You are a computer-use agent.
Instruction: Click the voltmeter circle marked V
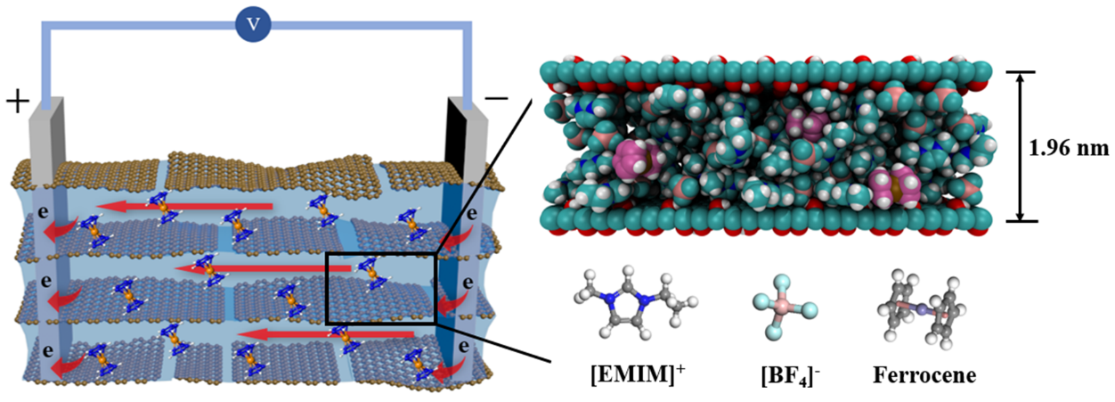tap(253, 24)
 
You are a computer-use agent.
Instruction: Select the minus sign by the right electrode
tap(497, 98)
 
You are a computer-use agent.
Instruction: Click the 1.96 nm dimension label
tap(1068, 148)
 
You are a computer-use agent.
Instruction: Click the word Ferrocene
tap(924, 375)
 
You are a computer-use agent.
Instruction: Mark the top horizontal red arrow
tap(184, 206)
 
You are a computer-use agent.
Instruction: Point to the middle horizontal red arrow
tap(264, 269)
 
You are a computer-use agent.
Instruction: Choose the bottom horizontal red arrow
tap(326, 334)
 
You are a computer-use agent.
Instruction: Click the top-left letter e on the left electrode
tap(44, 212)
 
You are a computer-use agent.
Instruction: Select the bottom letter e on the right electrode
tap(464, 346)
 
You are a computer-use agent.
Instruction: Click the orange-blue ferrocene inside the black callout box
tap(370, 274)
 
